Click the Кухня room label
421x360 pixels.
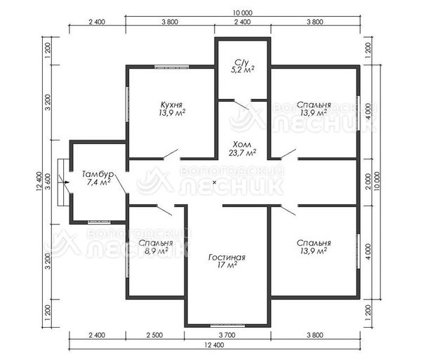coord(172,105)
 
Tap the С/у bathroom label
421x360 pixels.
coord(241,62)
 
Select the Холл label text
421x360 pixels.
coord(242,145)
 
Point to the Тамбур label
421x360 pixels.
coord(98,174)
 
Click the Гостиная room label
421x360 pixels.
coord(227,258)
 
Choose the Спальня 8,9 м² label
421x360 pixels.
coord(156,247)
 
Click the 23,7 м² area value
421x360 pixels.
coord(242,153)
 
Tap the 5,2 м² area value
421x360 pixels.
coord(243,69)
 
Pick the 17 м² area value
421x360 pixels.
coord(227,265)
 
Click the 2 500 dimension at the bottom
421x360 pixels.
coord(155,335)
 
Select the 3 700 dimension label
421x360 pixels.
coord(227,335)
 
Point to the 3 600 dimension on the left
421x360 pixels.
coord(48,182)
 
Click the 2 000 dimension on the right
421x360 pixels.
coord(368,182)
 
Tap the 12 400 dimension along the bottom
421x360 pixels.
coord(214,345)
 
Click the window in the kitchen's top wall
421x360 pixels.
coord(172,67)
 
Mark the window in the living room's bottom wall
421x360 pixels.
coord(227,326)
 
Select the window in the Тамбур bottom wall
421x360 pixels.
coord(99,222)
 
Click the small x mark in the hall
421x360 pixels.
coord(214,182)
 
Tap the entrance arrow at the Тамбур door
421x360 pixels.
coord(67,182)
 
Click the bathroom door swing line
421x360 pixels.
coord(241,105)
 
